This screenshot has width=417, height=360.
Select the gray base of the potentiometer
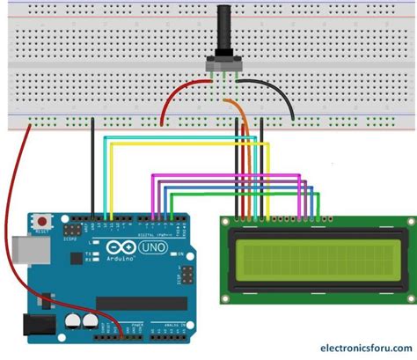tap(222, 63)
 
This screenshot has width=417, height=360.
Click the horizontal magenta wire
tap(229, 175)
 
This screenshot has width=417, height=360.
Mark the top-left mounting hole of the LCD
tap(227, 221)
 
